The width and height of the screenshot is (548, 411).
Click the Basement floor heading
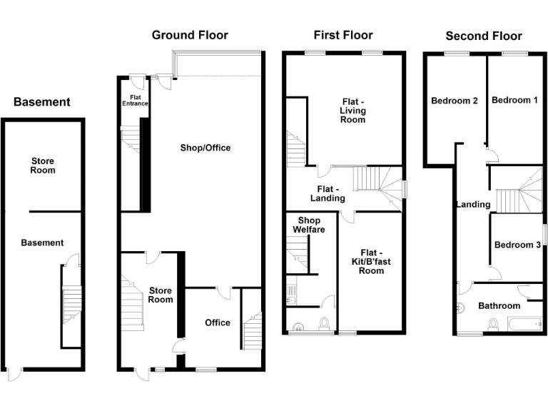42,102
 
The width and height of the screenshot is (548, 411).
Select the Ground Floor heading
190,35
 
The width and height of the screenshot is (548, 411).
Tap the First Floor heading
343,34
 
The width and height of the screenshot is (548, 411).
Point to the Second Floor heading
484,36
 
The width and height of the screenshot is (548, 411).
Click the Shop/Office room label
205,148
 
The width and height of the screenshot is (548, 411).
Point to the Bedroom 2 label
455,101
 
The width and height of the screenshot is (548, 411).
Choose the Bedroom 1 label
514,100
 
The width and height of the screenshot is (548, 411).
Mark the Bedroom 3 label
517,245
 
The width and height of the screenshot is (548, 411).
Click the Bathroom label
499,305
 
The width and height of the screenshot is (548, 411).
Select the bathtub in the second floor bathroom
525,325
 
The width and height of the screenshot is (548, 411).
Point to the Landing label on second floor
473,204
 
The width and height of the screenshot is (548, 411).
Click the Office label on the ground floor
218,323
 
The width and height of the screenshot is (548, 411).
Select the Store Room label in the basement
42,166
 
